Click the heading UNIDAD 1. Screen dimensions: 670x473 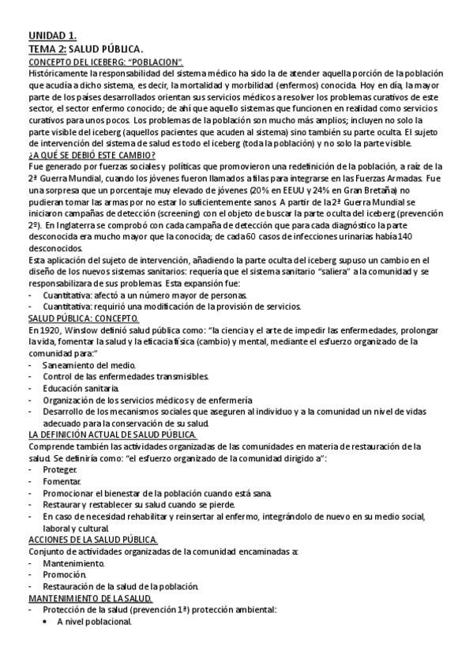(52, 36)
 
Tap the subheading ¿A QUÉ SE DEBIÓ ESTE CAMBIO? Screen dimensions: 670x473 (91, 155)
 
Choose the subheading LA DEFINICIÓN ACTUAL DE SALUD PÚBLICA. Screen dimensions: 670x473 (112, 435)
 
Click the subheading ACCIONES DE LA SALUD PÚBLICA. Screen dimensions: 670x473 (93, 540)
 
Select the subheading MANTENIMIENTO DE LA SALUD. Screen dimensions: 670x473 (89, 598)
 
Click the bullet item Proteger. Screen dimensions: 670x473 (60, 469)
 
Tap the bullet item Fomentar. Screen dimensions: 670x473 (62, 481)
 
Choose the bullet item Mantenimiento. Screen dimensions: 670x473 (73, 563)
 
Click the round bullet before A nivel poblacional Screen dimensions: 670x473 (47, 622)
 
